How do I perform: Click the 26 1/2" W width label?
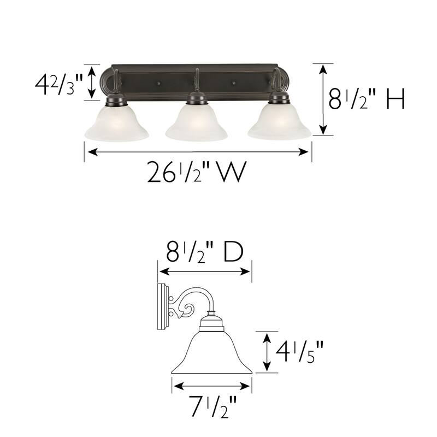click(x=194, y=174)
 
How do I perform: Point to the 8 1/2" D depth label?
click(x=204, y=253)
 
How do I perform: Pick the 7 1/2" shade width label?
click(x=211, y=406)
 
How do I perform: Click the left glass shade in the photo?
click(x=116, y=123)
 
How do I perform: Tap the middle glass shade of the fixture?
click(x=197, y=123)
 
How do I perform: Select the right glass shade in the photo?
click(x=279, y=123)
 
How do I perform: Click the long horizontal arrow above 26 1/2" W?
click(x=197, y=152)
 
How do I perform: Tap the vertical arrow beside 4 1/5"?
click(x=267, y=352)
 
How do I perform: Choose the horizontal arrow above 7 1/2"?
click(x=211, y=386)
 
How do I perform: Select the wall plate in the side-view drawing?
click(x=162, y=308)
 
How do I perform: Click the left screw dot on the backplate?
click(x=158, y=84)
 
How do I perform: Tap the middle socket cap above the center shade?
click(x=197, y=99)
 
